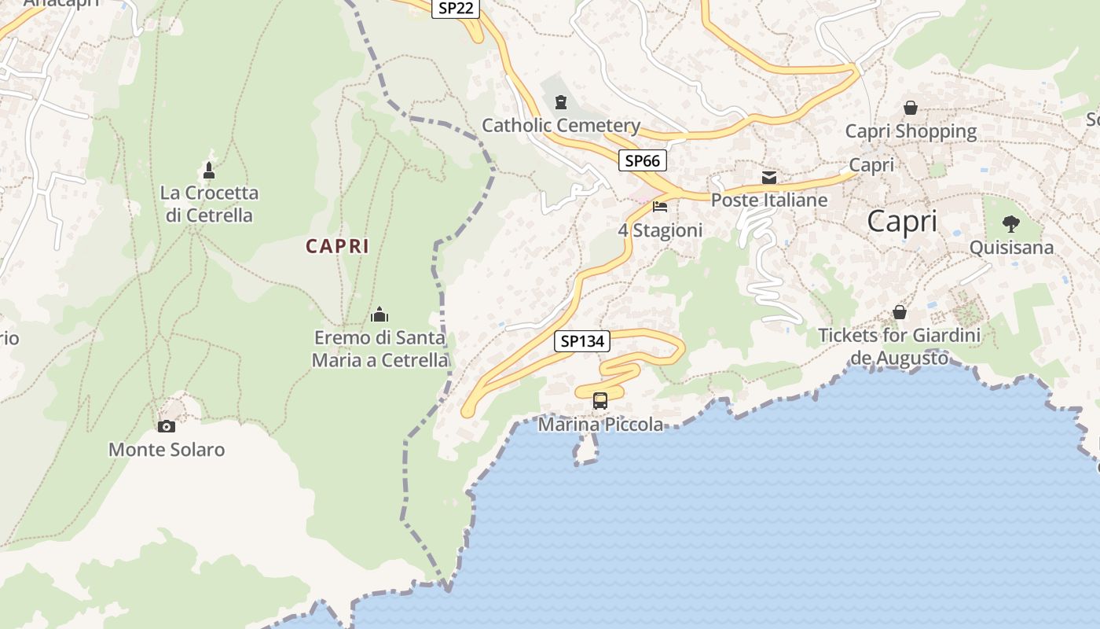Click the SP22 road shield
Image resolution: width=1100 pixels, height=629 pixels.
pyautogui.click(x=456, y=8)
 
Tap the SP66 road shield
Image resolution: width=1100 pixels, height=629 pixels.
pyautogui.click(x=642, y=161)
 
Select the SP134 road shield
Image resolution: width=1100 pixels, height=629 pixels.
pyautogui.click(x=582, y=341)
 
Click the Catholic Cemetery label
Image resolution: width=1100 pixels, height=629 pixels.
pyautogui.click(x=561, y=126)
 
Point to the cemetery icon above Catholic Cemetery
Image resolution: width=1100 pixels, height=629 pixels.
pyautogui.click(x=561, y=102)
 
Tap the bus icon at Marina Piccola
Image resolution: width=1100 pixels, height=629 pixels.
pyautogui.click(x=600, y=401)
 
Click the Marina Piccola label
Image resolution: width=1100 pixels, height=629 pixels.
pyautogui.click(x=601, y=425)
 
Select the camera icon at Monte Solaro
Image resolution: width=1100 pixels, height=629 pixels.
pyautogui.click(x=167, y=426)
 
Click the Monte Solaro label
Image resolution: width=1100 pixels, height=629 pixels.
pyautogui.click(x=167, y=450)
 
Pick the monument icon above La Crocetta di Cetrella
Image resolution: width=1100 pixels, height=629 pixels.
pyautogui.click(x=209, y=170)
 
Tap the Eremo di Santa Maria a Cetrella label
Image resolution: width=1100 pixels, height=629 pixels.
pyautogui.click(x=380, y=349)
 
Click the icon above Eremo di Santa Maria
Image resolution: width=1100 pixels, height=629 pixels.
pyautogui.click(x=379, y=315)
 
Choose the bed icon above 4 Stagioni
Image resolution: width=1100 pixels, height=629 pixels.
pyautogui.click(x=660, y=207)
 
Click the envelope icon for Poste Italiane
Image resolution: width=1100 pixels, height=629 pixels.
pyautogui.click(x=769, y=178)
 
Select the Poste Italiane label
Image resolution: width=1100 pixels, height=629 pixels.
pyautogui.click(x=769, y=200)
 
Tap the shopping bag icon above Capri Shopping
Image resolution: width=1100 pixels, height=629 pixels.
pyautogui.click(x=911, y=108)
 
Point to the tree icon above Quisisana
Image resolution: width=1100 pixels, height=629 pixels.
pyautogui.click(x=1011, y=224)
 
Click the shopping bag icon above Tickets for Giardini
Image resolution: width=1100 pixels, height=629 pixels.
pyautogui.click(x=900, y=312)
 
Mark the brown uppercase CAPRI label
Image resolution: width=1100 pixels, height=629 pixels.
pyautogui.click(x=337, y=246)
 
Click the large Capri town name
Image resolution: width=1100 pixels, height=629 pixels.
pyautogui.click(x=902, y=222)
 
